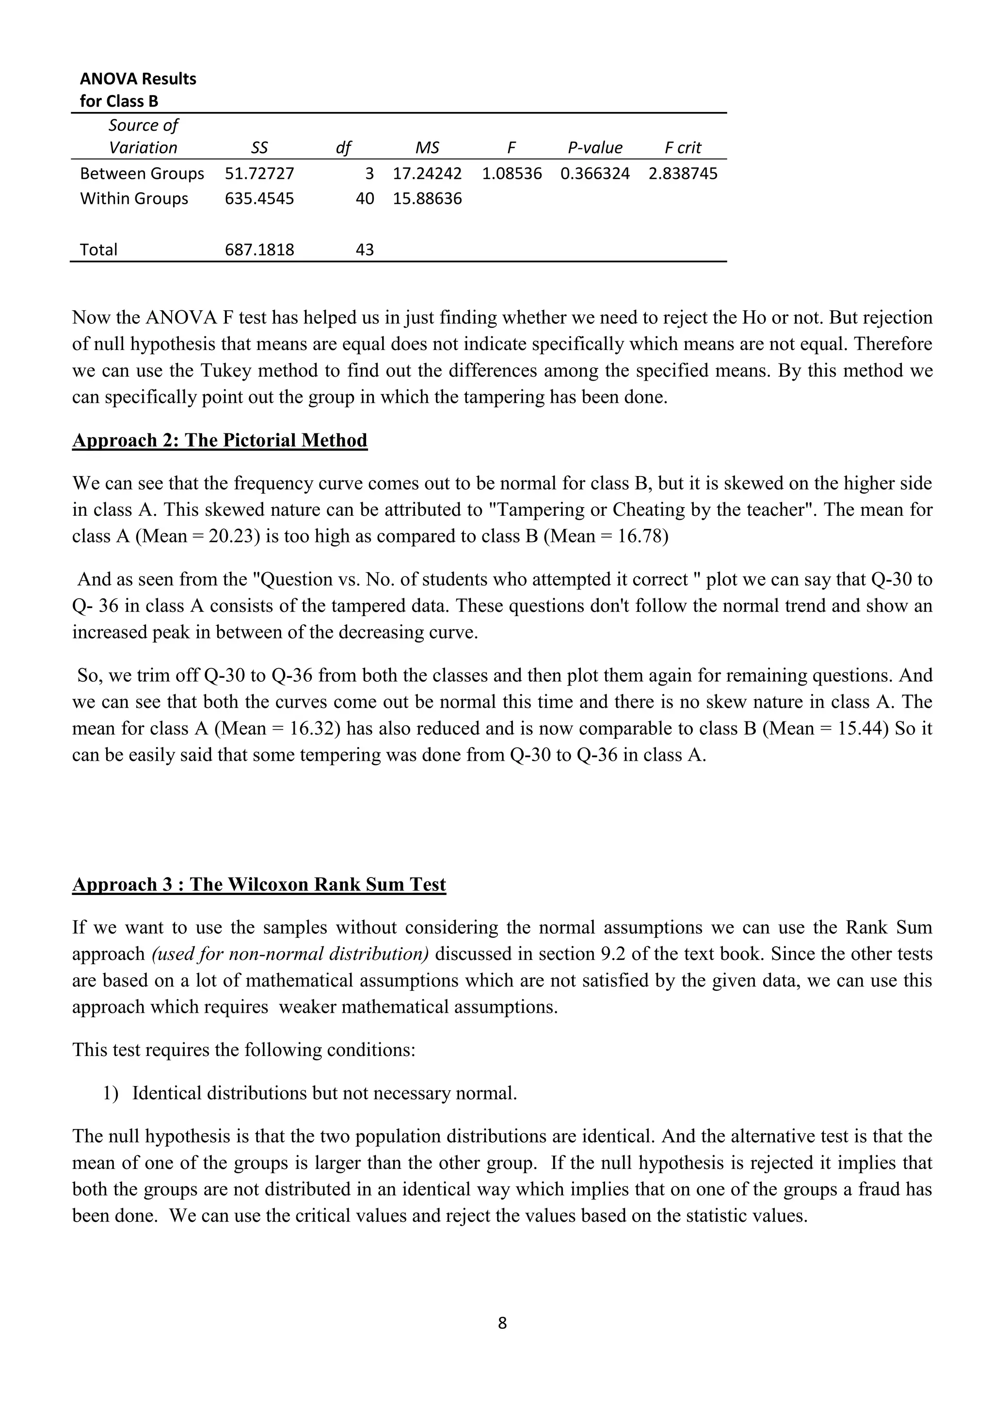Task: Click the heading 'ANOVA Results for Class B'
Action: click(x=138, y=89)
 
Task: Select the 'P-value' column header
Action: click(x=594, y=147)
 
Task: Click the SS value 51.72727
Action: click(x=259, y=174)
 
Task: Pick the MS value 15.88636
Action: click(x=427, y=199)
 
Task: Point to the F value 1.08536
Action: click(x=512, y=174)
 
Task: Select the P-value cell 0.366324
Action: click(x=594, y=174)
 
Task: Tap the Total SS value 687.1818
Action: click(x=259, y=250)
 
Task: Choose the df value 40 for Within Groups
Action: click(x=365, y=199)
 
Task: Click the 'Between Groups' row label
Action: click(x=142, y=174)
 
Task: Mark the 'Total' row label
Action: click(x=98, y=250)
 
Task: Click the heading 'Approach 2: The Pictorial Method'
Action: click(x=220, y=440)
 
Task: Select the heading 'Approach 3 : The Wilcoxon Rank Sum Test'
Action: click(x=258, y=884)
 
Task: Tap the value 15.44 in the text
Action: click(x=860, y=728)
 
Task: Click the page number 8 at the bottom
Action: click(x=502, y=1324)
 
